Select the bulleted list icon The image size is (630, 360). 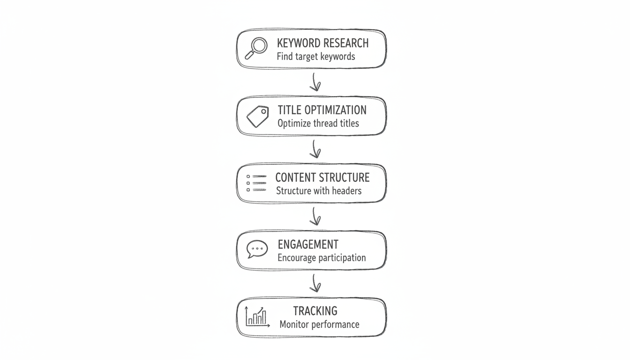(256, 183)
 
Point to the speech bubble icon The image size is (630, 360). (257, 249)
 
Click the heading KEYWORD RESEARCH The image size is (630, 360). (322, 43)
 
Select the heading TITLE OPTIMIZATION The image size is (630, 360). (322, 110)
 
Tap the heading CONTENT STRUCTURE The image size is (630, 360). (322, 177)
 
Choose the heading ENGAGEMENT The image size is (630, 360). (307, 244)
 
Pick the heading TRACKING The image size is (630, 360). (315, 311)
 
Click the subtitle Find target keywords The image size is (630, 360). (316, 57)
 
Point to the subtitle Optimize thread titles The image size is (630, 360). (318, 124)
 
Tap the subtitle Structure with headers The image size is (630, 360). (319, 191)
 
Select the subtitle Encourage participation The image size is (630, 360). (322, 258)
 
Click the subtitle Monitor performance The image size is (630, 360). (319, 324)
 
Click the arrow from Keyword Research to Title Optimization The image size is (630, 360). (315, 82)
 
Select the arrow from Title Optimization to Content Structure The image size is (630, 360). (315, 150)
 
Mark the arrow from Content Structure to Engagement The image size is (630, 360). (315, 217)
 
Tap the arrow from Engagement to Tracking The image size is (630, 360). (315, 284)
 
